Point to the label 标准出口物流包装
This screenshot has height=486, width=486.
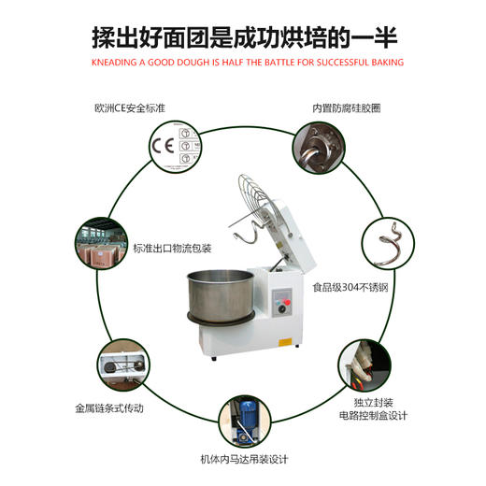[x=174, y=249]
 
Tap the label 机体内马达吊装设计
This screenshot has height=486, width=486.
[x=244, y=459]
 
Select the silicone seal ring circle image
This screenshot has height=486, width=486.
[x=315, y=147]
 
